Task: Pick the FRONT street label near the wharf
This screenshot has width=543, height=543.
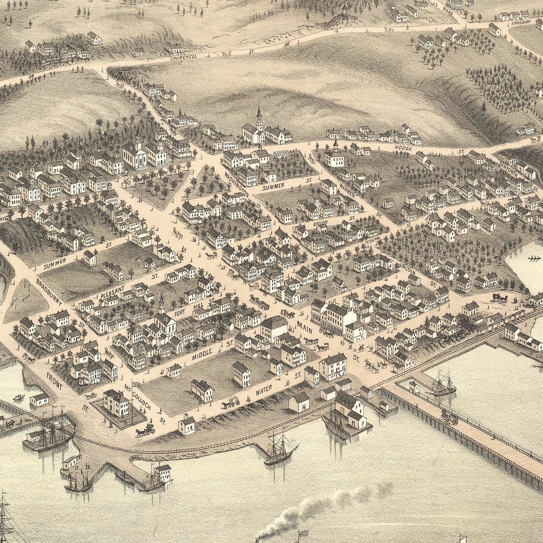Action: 55,382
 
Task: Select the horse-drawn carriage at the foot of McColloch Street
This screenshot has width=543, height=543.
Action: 146,430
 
